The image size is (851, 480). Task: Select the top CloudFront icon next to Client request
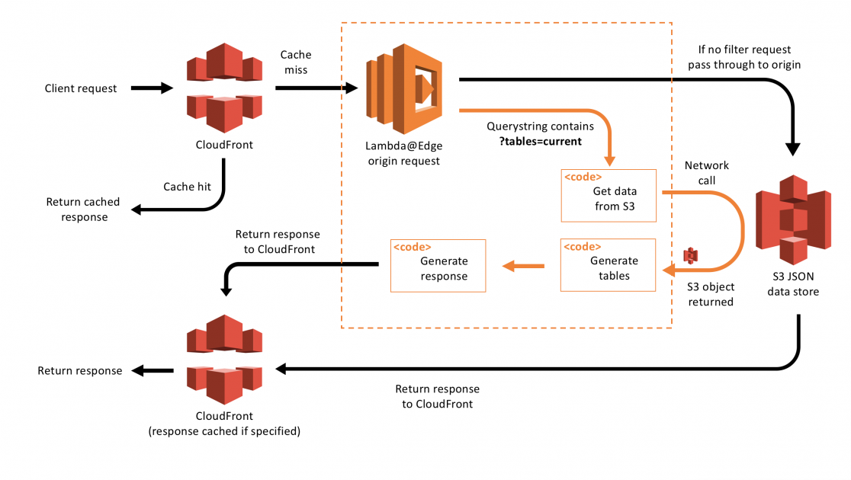pos(224,86)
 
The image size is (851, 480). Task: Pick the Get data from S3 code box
pos(609,196)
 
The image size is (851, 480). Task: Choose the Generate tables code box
pos(608,265)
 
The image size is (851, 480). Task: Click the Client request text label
pos(81,88)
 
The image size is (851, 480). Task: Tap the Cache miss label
pos(296,62)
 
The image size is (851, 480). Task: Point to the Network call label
pos(706,172)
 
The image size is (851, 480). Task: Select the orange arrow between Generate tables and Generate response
pos(522,266)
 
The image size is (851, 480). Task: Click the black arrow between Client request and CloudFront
pos(153,88)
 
